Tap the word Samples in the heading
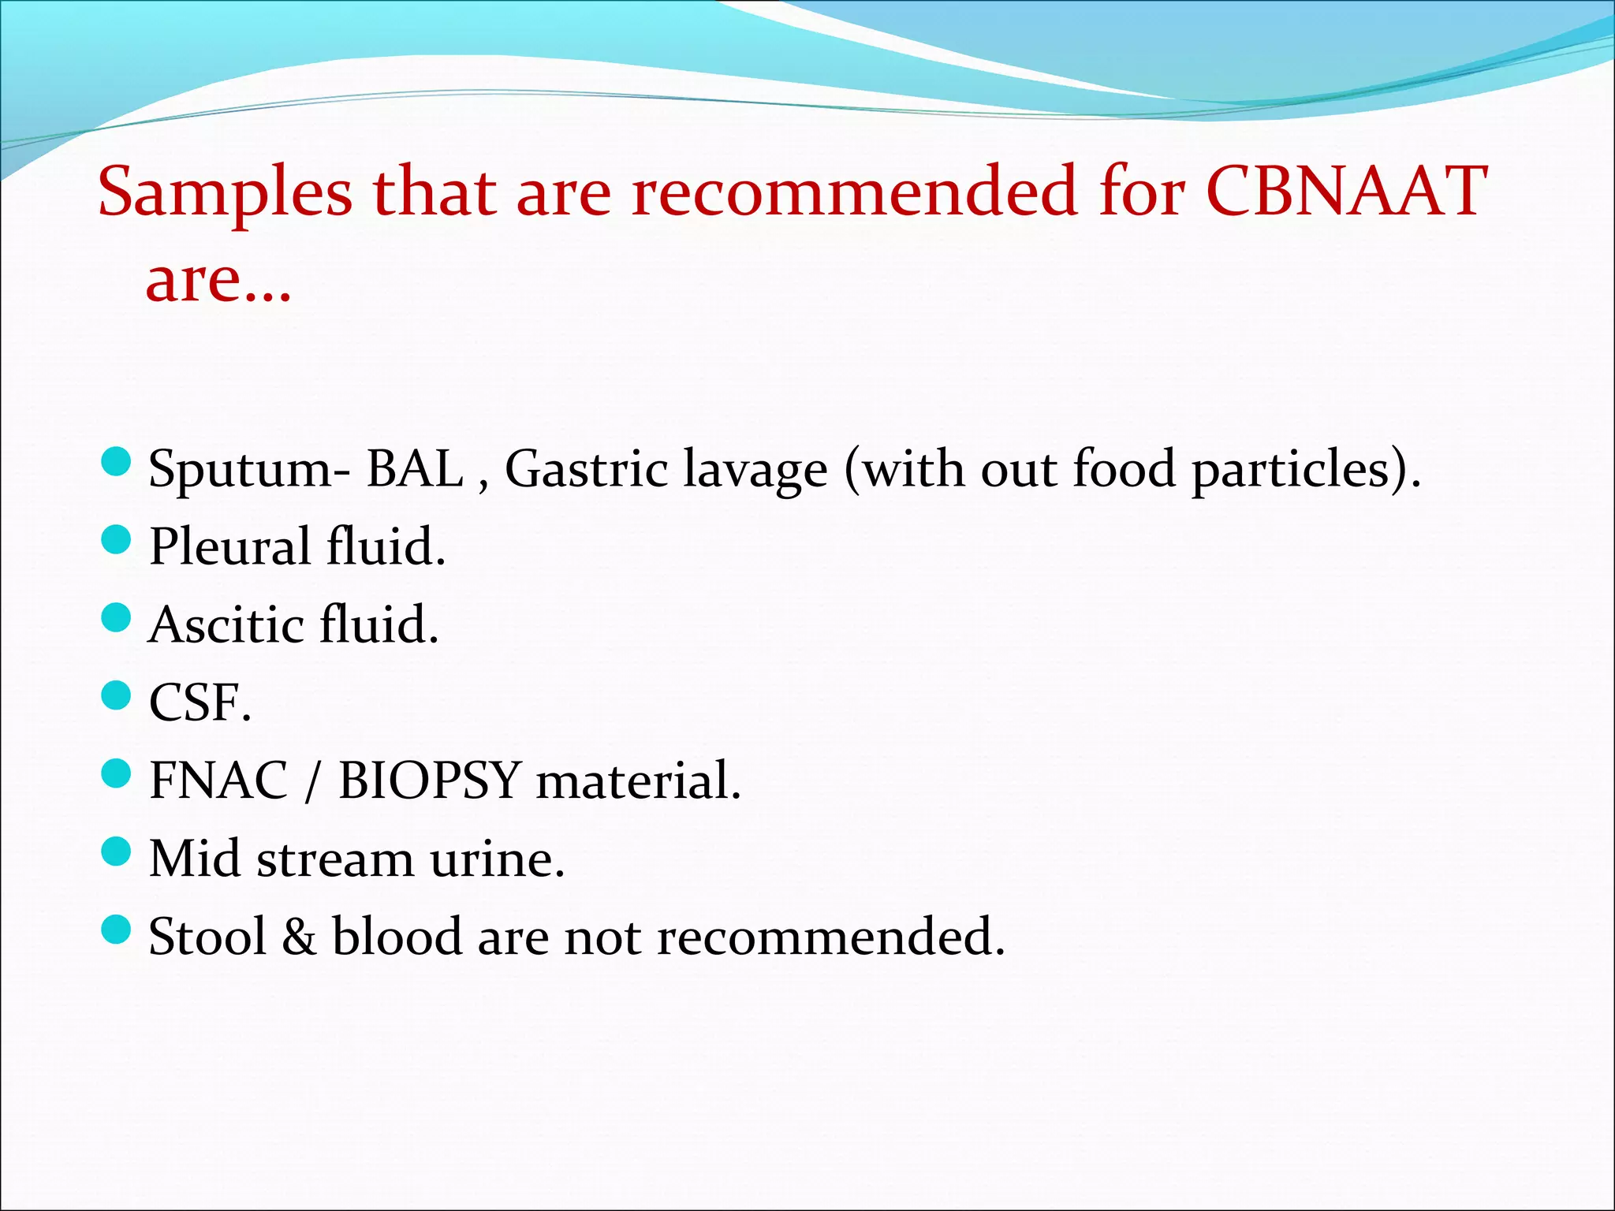(x=225, y=193)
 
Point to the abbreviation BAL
(x=415, y=469)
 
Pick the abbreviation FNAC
(x=219, y=781)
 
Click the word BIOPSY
(x=430, y=781)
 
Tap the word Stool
(x=207, y=937)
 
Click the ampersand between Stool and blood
(x=299, y=937)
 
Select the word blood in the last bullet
(x=397, y=937)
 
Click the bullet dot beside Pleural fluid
(x=116, y=541)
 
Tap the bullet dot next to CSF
(x=116, y=696)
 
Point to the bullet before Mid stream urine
(x=116, y=852)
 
